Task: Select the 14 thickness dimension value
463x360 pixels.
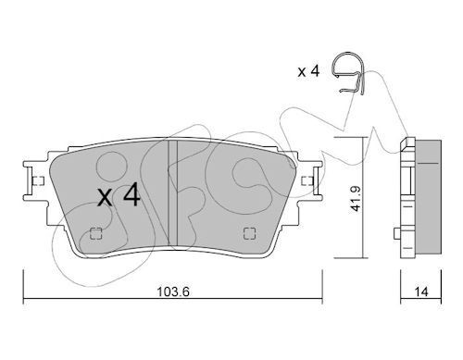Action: [422, 290]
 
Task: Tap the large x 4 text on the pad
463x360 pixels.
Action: [119, 197]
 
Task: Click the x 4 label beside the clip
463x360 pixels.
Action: [307, 70]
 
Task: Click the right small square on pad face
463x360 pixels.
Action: [247, 233]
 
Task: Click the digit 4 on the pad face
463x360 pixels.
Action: [131, 196]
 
